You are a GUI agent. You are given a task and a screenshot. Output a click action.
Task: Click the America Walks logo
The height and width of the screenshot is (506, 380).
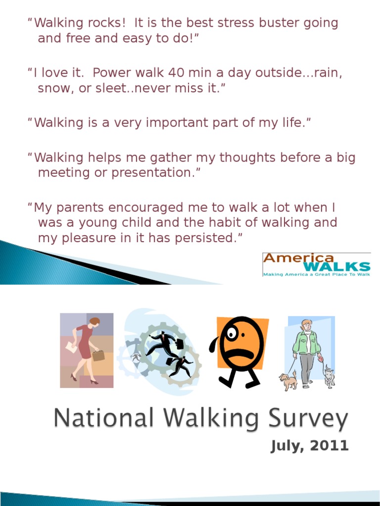click(316, 264)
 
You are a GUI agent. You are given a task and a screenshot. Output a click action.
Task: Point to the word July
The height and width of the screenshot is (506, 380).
click(286, 447)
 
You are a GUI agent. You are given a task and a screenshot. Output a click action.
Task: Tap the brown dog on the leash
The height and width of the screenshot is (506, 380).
click(287, 380)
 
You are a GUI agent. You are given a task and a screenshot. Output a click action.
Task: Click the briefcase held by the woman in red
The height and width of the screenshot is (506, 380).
click(98, 355)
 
